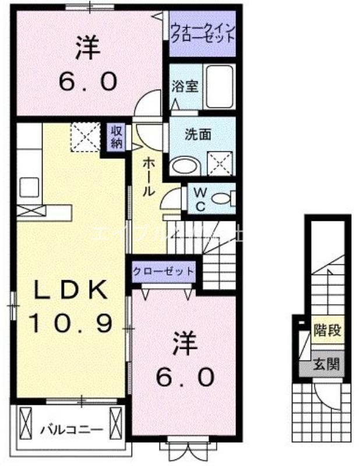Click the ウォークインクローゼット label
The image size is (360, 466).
203,31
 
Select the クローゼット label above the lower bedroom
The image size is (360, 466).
163,271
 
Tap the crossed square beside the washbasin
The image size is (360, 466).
221,163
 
